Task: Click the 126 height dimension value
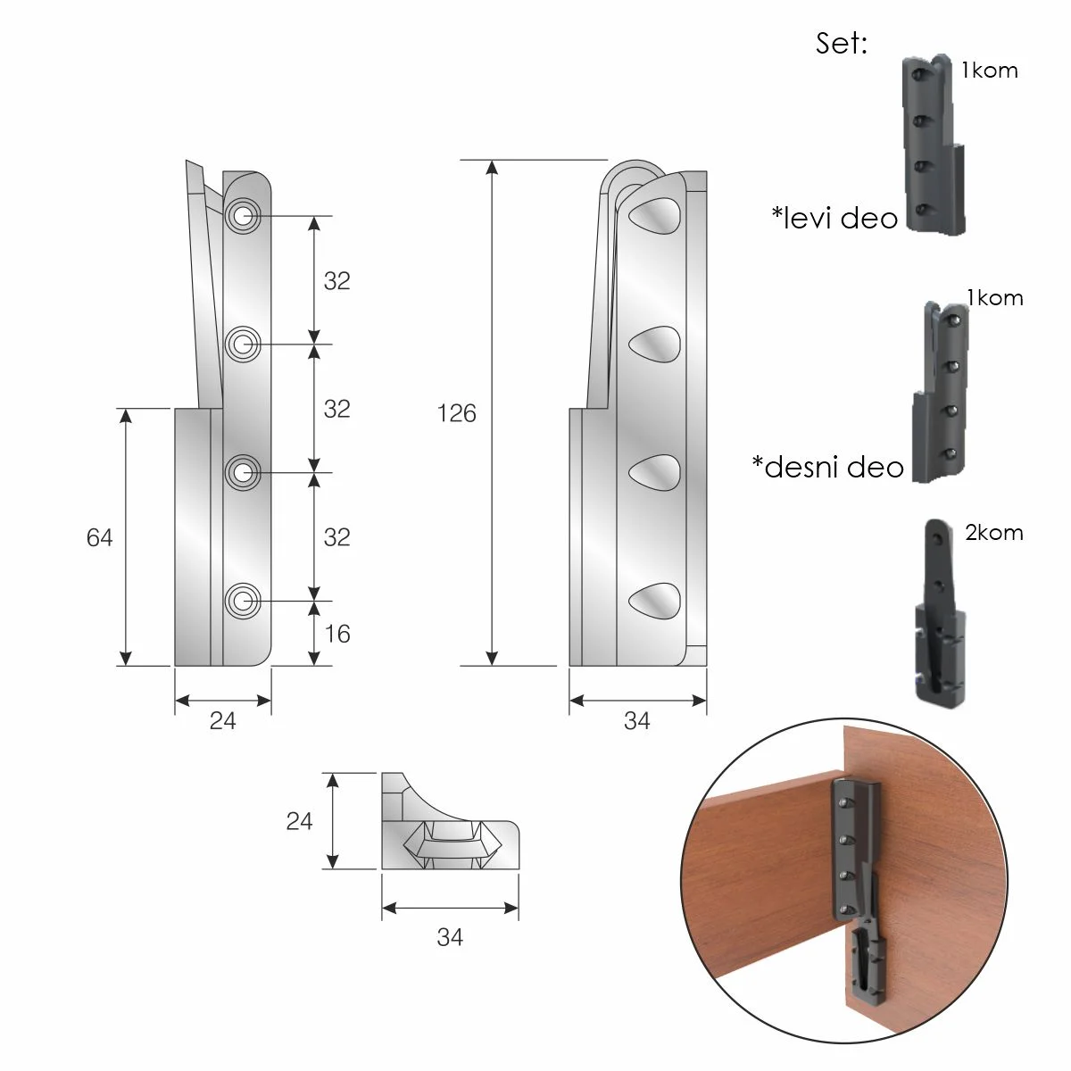click(x=456, y=413)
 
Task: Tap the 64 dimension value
click(x=99, y=537)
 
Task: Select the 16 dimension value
click(x=336, y=634)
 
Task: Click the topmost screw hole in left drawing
click(x=243, y=216)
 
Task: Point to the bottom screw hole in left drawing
click(x=243, y=601)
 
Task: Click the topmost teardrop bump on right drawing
click(x=654, y=215)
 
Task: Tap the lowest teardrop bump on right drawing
click(x=654, y=601)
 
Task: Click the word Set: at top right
click(x=842, y=43)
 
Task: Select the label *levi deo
click(x=834, y=217)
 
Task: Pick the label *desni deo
click(x=827, y=466)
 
